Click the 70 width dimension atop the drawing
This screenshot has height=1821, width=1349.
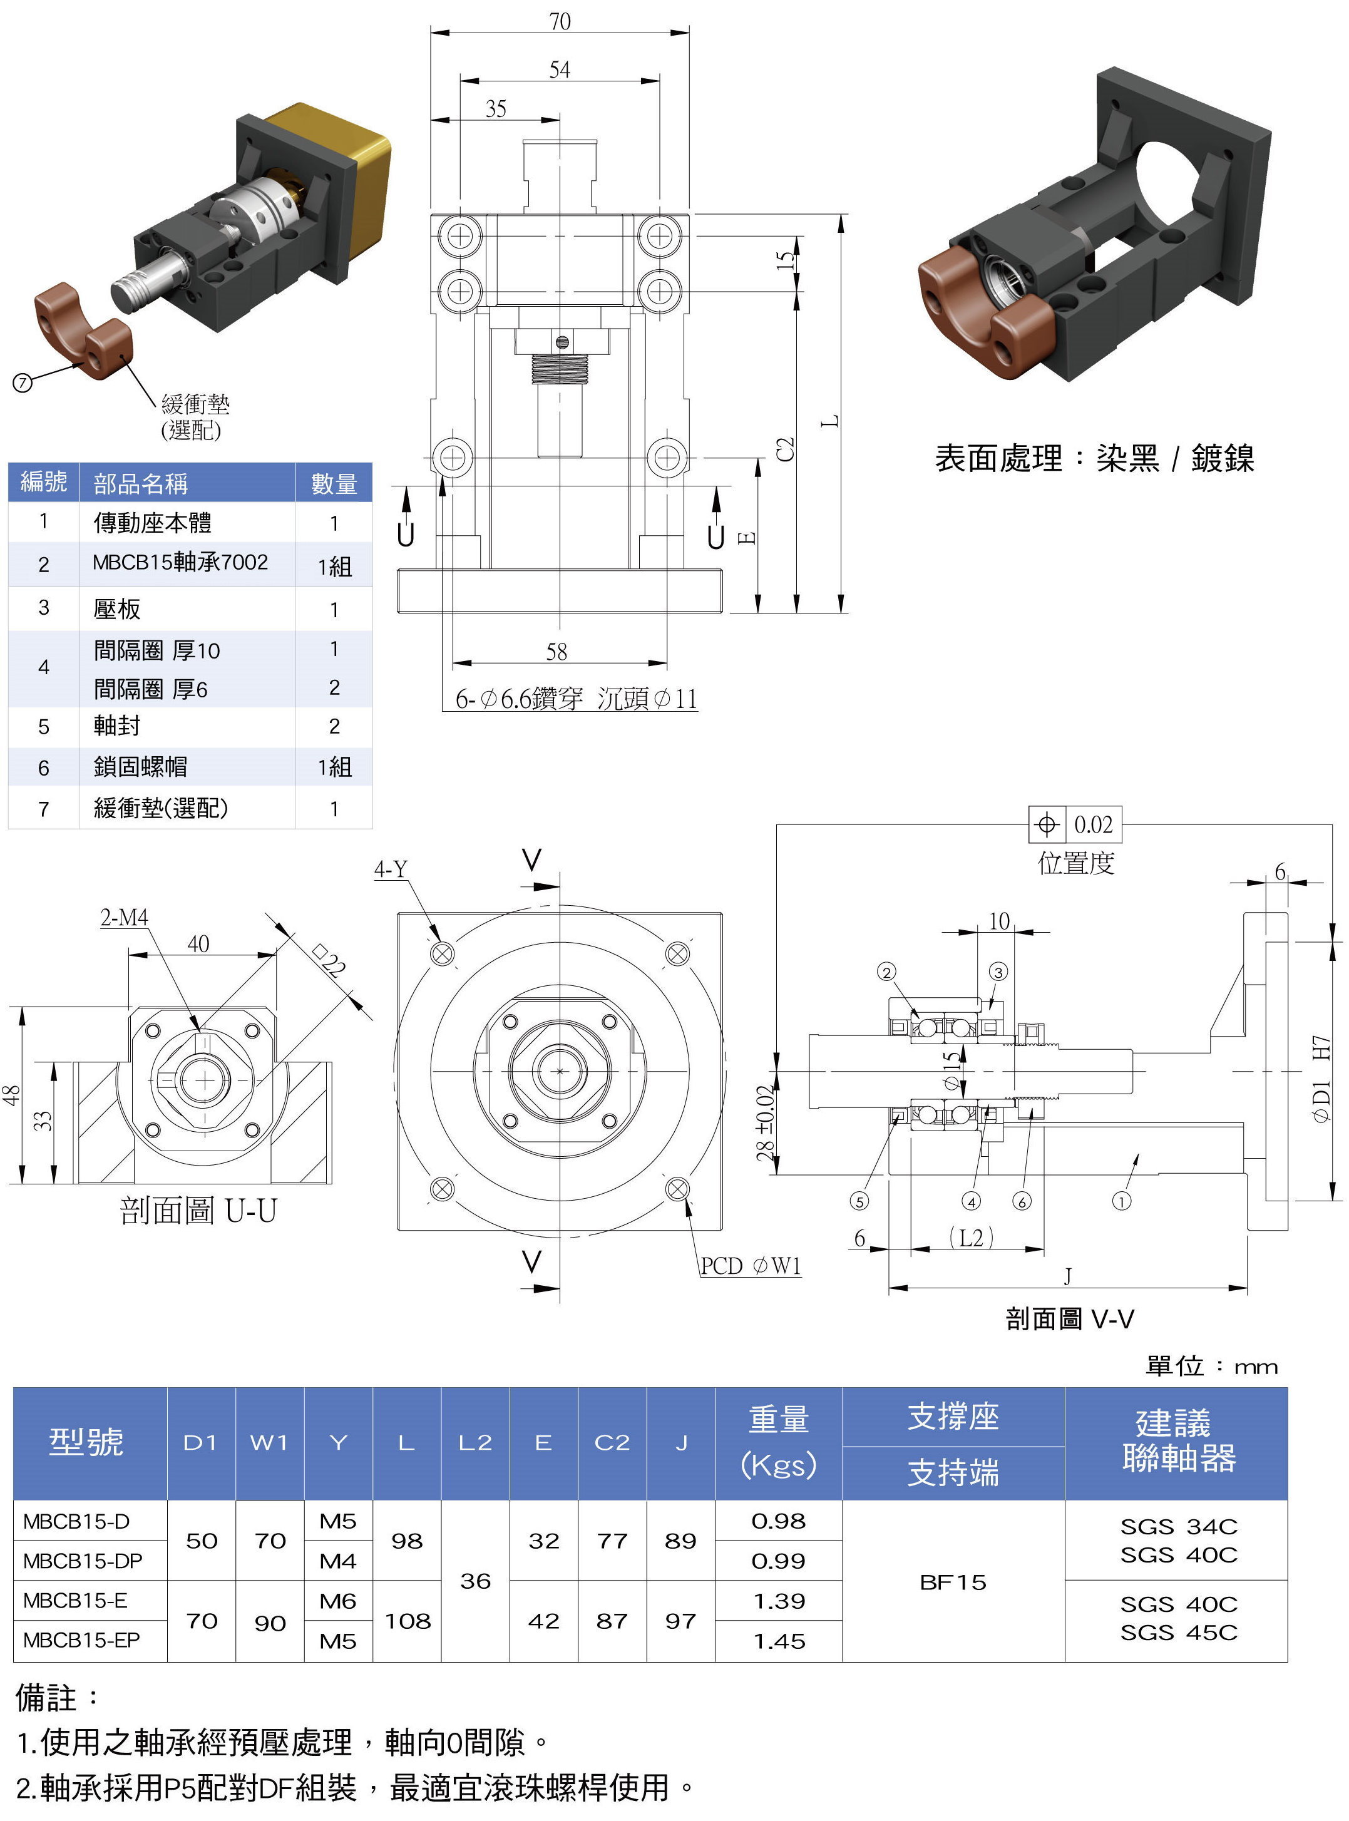pos(560,21)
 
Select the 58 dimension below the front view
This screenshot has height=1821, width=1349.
pos(557,651)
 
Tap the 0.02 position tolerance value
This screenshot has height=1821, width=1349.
pos(1092,825)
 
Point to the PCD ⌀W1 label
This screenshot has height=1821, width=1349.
pos(751,1266)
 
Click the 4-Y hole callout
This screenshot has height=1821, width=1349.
pos(391,869)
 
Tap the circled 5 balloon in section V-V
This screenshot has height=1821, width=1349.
pos(859,1201)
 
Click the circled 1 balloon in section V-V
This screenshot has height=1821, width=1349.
pos(1122,1201)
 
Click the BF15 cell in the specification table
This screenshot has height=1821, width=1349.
pos(953,1582)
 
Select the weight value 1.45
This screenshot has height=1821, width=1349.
pos(779,1641)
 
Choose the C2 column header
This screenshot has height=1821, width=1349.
pos(612,1443)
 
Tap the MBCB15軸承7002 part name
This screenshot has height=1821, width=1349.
pos(180,563)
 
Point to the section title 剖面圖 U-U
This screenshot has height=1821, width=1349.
pos(198,1210)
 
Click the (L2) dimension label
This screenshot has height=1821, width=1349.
pos(972,1238)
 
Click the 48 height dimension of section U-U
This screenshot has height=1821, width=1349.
pos(11,1095)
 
